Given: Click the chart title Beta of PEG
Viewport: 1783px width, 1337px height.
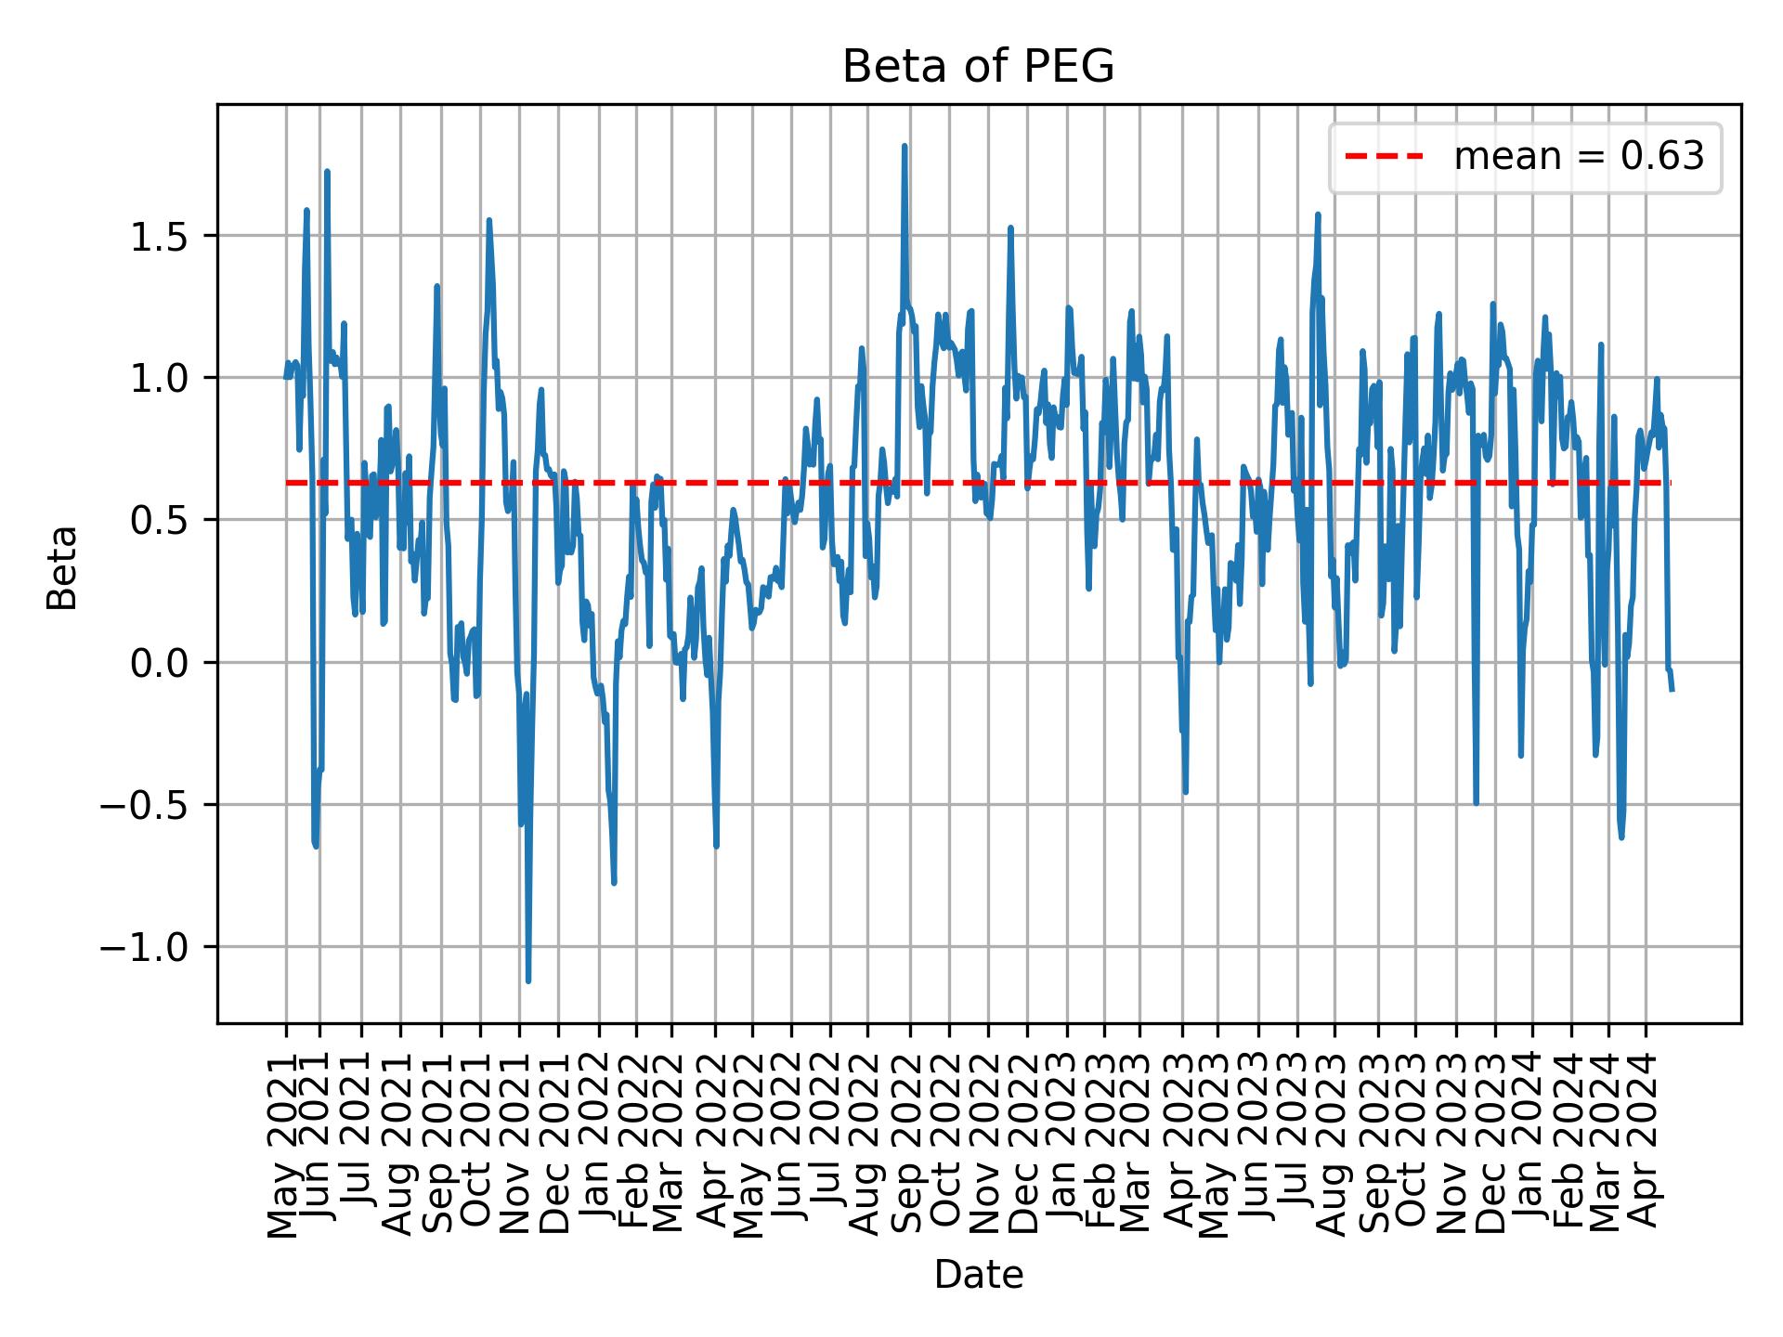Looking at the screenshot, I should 978,67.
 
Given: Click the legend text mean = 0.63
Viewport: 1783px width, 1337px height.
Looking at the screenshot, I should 1579,158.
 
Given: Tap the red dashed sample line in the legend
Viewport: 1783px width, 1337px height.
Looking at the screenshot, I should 1384,158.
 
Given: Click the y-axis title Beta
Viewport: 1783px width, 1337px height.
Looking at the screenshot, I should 62,567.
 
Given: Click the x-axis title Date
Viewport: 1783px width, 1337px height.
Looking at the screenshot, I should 978,1275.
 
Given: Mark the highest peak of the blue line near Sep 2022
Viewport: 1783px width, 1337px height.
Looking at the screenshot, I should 904,146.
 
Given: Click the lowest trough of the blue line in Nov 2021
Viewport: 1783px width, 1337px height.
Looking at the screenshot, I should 527,980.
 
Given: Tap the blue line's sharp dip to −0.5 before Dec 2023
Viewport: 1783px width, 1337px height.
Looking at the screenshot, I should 1476,803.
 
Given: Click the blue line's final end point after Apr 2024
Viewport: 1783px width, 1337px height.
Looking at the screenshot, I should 1672,690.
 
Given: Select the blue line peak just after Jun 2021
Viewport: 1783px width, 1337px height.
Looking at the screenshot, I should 327,172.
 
